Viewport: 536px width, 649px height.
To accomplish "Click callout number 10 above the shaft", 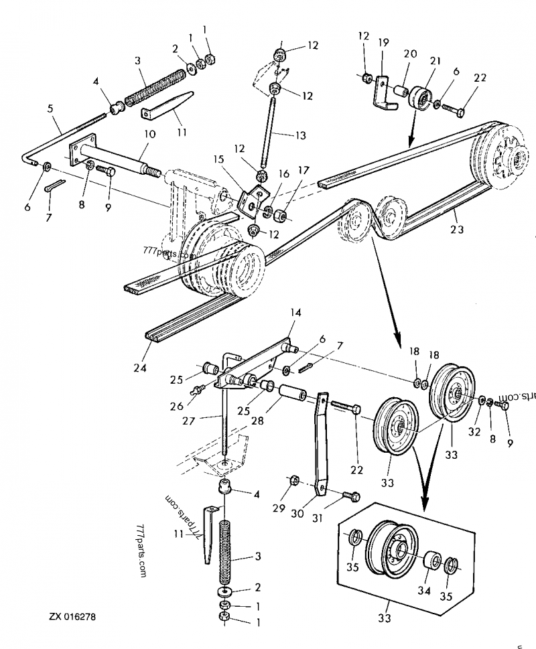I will point(149,134).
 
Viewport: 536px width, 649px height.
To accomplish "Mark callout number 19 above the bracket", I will point(384,42).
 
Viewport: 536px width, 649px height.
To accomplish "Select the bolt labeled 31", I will point(350,496).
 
